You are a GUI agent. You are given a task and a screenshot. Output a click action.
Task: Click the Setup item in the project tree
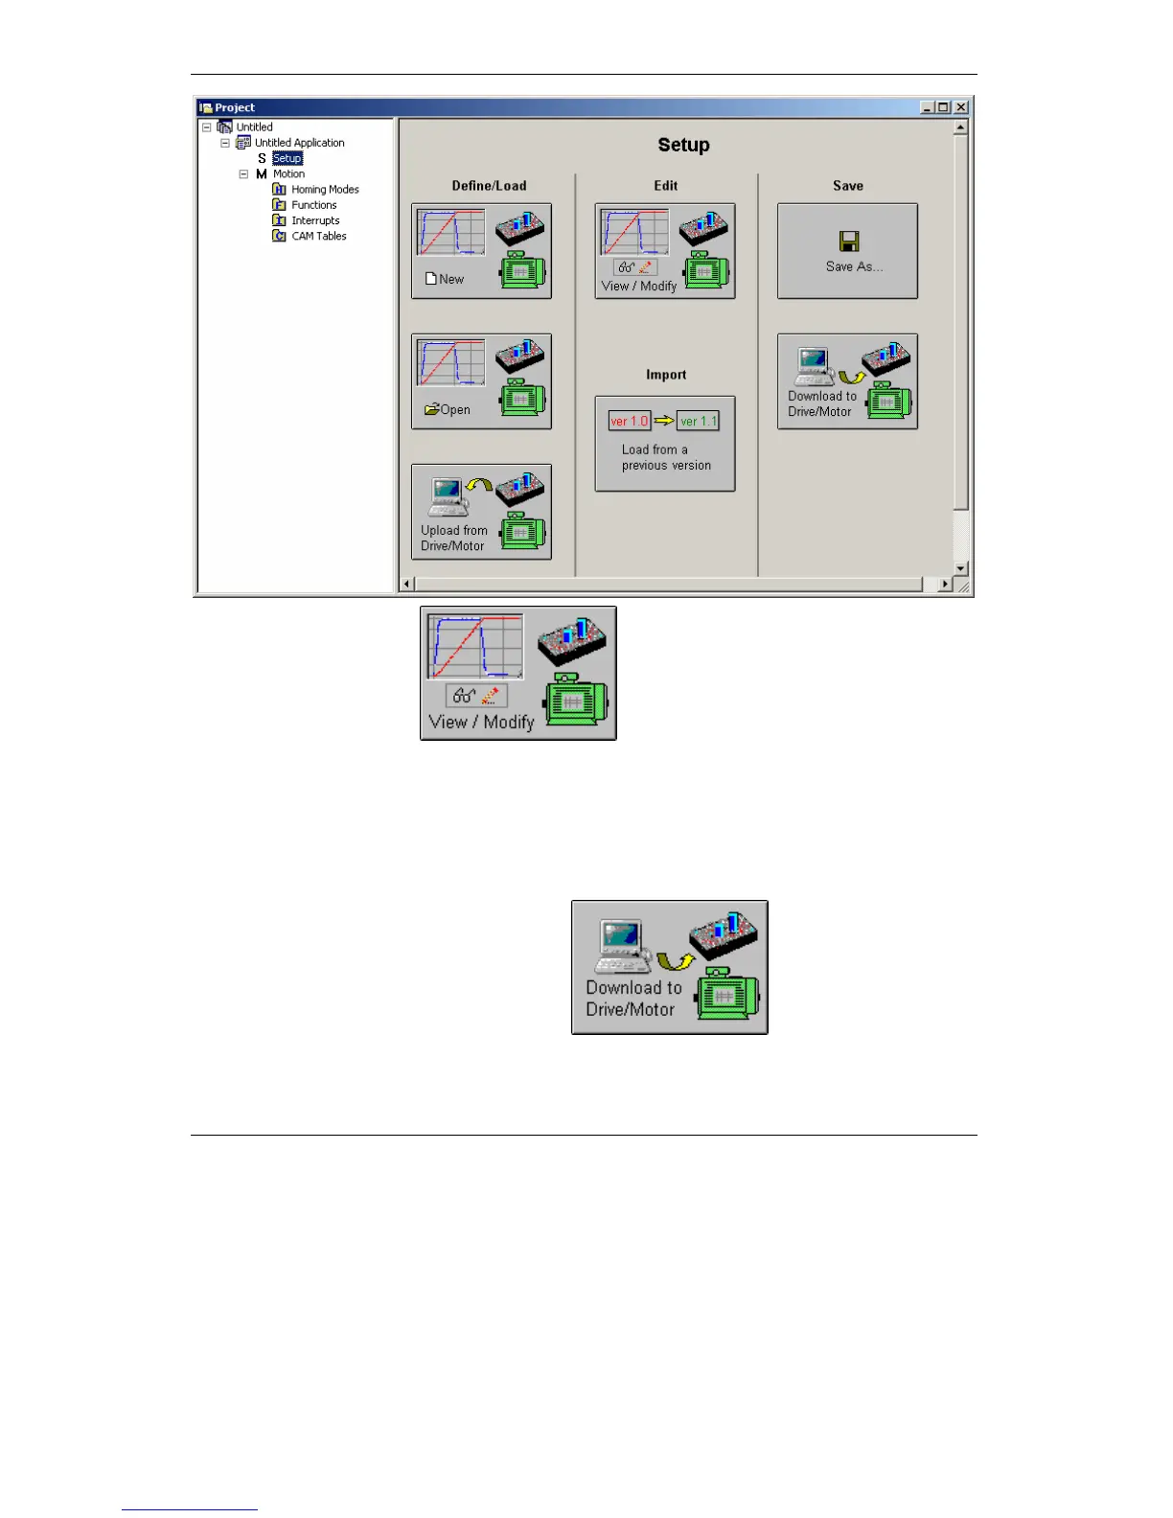(287, 158)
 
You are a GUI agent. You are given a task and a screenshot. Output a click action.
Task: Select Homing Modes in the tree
(324, 190)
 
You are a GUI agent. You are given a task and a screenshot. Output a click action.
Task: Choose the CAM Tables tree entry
(318, 236)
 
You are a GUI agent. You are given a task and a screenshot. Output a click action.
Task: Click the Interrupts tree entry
(315, 220)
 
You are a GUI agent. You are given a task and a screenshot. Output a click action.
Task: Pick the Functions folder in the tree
(313, 205)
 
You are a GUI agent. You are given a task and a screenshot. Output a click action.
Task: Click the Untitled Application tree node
(298, 143)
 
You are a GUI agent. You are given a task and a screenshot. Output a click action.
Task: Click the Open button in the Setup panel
(481, 381)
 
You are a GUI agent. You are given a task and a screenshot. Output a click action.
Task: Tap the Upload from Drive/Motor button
(481, 512)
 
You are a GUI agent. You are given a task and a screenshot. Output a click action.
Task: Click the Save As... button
(847, 251)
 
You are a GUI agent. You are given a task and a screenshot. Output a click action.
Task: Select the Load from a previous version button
(665, 445)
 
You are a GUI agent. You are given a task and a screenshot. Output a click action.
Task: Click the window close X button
(961, 107)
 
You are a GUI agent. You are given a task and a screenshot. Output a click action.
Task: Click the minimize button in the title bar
(927, 107)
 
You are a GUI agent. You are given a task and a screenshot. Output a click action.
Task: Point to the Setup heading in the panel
(683, 146)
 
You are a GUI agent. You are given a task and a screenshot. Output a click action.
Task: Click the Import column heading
(666, 375)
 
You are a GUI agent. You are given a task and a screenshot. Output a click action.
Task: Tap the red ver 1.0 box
(630, 421)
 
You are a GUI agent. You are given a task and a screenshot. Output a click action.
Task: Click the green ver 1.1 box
(699, 421)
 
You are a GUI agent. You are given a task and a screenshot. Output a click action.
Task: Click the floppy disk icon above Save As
(849, 241)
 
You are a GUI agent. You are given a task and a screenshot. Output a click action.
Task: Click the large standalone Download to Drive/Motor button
(670, 967)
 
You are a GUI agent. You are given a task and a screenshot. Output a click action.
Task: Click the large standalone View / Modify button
(518, 673)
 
